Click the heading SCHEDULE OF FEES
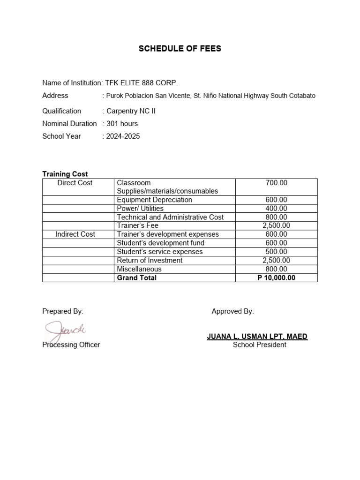pyautogui.click(x=180, y=49)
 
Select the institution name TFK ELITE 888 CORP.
pyautogui.click(x=142, y=83)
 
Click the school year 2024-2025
pyautogui.click(x=123, y=136)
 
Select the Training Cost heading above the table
pyautogui.click(x=65, y=174)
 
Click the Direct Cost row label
pyautogui.click(x=75, y=183)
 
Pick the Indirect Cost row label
pyautogui.click(x=75, y=234)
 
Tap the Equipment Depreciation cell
pyautogui.click(x=154, y=200)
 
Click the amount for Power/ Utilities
pyautogui.click(x=276, y=209)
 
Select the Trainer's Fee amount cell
pyautogui.click(x=276, y=225)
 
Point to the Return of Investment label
pyautogui.click(x=150, y=261)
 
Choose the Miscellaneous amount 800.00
pyautogui.click(x=276, y=269)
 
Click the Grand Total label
pyautogui.click(x=136, y=278)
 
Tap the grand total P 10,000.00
pyautogui.click(x=276, y=278)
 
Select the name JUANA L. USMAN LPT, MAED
pyautogui.click(x=257, y=337)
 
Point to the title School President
pyautogui.click(x=259, y=345)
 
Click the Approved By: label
pyautogui.click(x=232, y=311)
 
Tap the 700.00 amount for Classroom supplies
pyautogui.click(x=276, y=183)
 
